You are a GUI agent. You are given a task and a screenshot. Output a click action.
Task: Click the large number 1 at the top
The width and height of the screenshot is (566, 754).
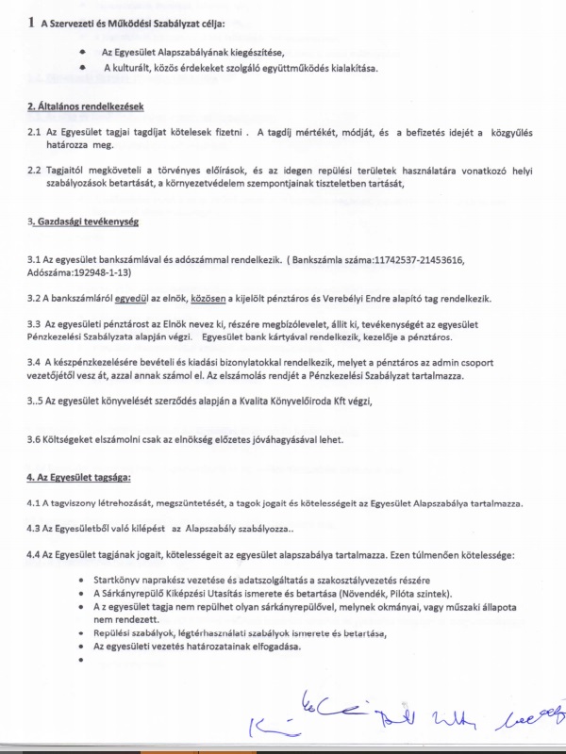[32, 20]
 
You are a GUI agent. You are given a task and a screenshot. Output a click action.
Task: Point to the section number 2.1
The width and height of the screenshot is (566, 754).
[34, 134]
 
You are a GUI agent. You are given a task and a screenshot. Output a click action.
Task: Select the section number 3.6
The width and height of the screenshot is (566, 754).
[36, 439]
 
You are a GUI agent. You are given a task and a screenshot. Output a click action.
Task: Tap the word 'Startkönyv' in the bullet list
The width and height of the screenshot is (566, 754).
[119, 578]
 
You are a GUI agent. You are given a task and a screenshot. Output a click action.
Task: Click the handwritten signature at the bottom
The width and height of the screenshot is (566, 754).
[396, 718]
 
